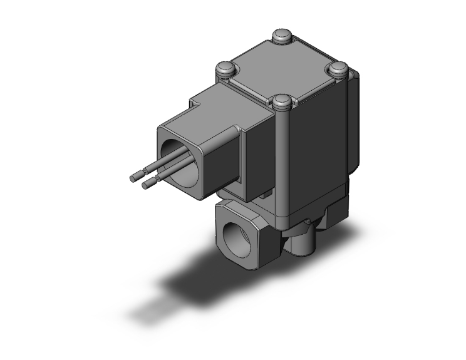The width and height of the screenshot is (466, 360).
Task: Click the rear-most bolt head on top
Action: (x=282, y=36)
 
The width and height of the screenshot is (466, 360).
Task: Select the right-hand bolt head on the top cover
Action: (x=339, y=68)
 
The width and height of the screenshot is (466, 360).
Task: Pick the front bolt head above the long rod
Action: (x=282, y=100)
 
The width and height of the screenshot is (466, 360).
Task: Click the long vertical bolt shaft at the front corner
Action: (x=283, y=163)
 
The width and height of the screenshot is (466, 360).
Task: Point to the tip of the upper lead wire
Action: (x=133, y=178)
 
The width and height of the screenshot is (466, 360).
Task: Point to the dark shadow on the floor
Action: (x=188, y=275)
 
